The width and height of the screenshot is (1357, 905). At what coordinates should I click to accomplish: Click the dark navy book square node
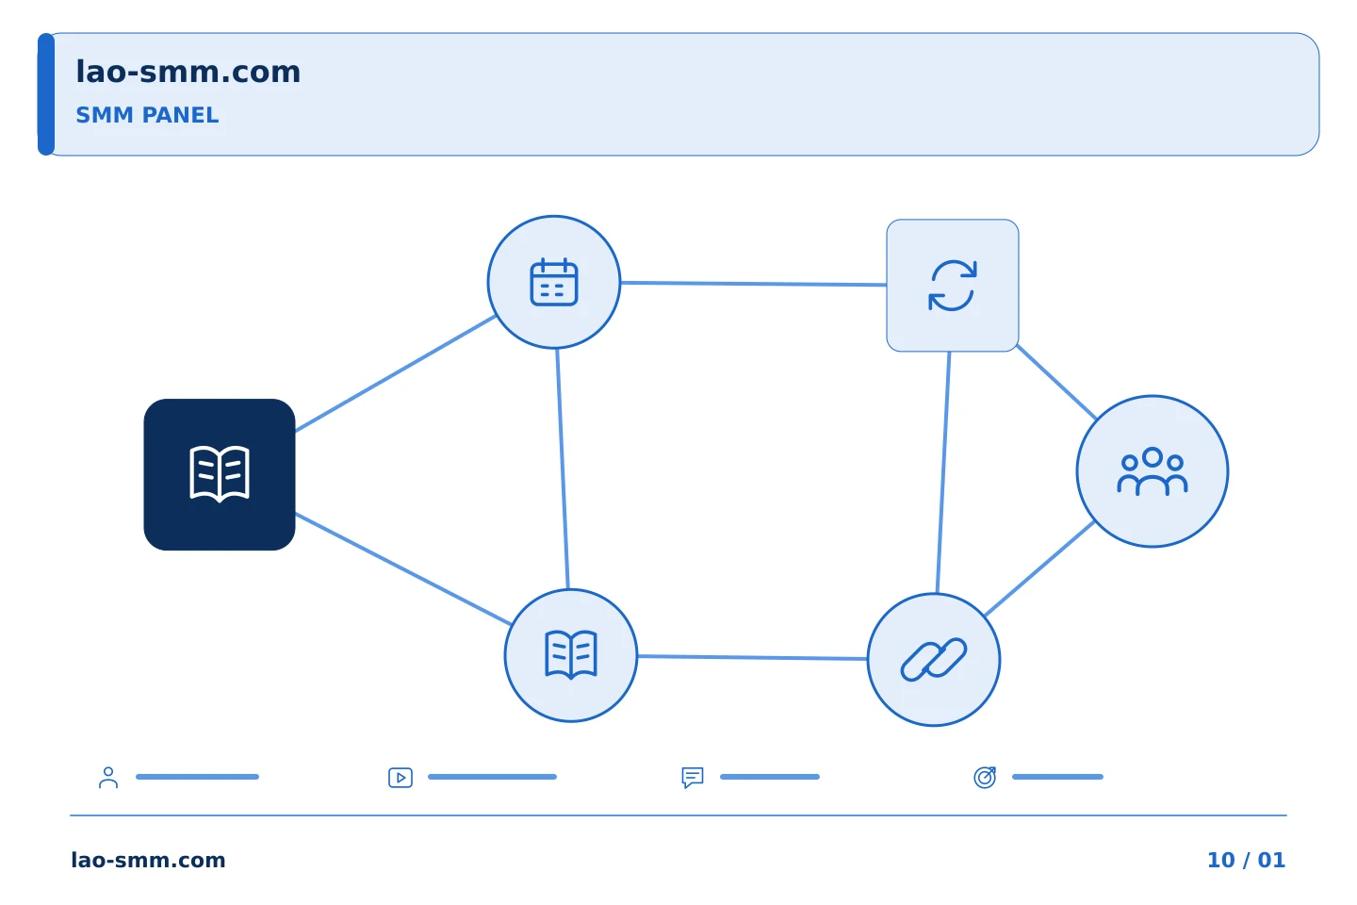220,474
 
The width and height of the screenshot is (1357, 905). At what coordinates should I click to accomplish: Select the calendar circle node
554,283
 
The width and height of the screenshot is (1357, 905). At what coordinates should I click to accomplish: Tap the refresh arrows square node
953,286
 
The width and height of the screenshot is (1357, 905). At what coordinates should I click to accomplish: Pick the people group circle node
1153,471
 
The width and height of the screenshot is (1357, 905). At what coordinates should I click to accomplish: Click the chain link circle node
934,660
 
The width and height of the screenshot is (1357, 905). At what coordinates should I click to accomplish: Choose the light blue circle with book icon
571,655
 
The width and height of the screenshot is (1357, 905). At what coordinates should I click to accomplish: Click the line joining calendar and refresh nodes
754,284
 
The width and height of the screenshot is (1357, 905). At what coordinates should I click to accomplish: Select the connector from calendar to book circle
563,469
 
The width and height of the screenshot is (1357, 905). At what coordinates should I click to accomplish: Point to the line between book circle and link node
752,657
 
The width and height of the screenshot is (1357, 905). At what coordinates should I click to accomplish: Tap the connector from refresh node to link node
943,472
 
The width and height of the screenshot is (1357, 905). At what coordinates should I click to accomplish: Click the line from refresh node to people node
1056,382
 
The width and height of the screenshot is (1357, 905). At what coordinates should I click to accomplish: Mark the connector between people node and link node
1039,568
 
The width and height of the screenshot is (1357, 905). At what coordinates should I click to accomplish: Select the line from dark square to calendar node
396,373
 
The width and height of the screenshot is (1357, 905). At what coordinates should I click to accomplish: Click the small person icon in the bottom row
108,777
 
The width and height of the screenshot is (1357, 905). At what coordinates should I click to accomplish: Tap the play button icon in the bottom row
401,778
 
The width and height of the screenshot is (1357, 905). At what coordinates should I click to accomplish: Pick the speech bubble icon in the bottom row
693,778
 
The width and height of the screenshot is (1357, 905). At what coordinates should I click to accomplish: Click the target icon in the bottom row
985,777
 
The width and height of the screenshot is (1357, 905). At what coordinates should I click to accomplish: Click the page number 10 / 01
1246,860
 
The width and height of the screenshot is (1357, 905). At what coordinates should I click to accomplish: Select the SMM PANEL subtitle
147,115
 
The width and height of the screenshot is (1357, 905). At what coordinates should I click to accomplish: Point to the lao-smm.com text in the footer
149,860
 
